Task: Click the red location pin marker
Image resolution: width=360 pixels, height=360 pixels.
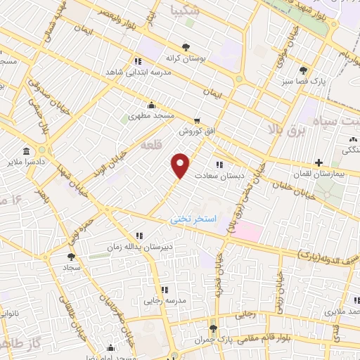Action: coord(181,165)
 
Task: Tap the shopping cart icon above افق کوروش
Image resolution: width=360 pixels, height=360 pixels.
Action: coord(197,121)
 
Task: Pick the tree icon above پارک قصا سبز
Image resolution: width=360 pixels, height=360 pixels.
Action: coord(303,70)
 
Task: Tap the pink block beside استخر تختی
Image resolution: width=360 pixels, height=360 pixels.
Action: coord(247,229)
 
